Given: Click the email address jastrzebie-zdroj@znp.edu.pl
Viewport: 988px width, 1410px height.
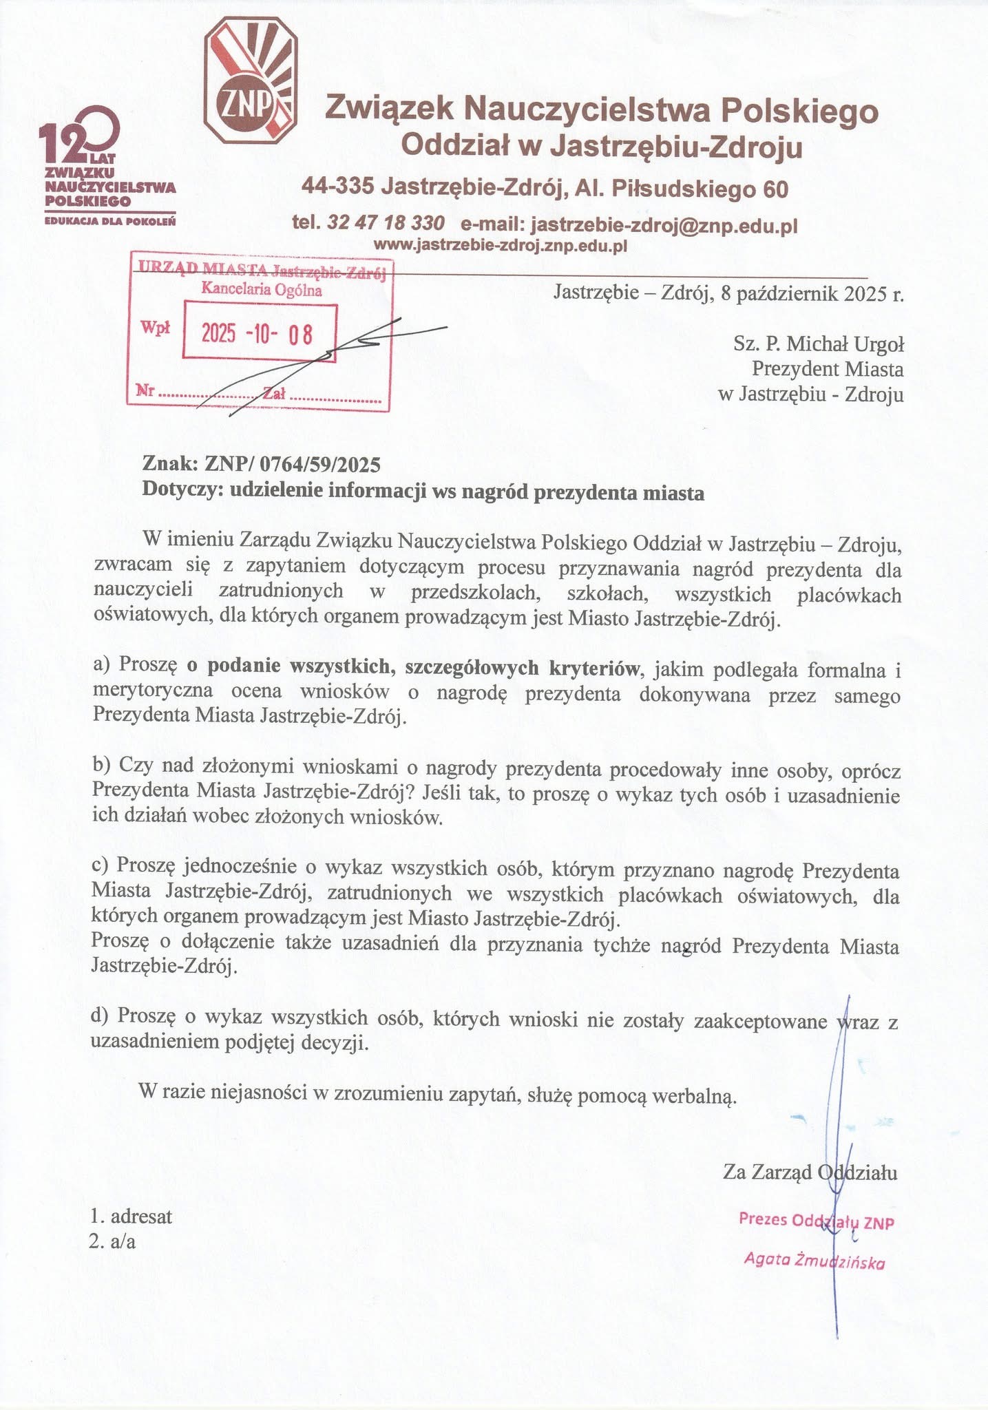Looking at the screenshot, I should [x=664, y=224].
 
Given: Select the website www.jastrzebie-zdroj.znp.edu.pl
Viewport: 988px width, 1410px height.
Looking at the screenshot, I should [x=500, y=245].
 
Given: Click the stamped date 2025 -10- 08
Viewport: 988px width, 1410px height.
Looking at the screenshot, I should [x=257, y=334].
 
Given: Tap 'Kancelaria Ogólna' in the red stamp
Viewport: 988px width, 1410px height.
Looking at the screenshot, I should [x=262, y=290].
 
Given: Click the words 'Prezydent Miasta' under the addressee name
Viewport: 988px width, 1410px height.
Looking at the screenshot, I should [x=827, y=369].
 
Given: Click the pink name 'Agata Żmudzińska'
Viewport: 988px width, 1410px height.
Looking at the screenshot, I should [x=814, y=1261].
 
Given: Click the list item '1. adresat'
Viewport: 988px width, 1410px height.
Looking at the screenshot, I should [x=132, y=1216].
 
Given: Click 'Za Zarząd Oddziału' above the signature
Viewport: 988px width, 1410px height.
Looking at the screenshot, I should [x=810, y=1172].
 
